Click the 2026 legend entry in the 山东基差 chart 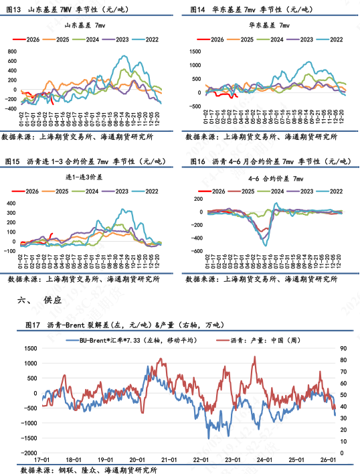[29, 39]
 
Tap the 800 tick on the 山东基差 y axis [13, 52]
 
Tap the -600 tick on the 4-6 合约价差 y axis [195, 252]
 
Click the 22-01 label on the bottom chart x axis [199, 461]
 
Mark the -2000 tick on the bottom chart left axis [29, 453]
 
